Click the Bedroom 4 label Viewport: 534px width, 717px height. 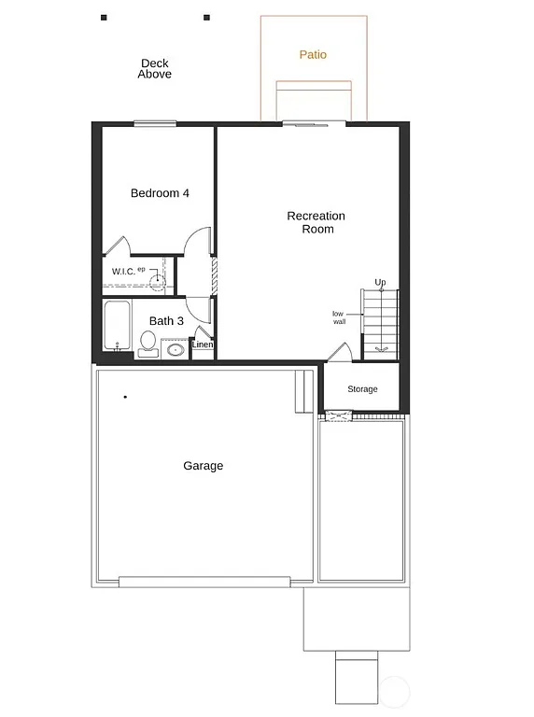160,193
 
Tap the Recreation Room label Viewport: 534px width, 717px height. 316,222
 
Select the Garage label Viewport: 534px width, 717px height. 203,466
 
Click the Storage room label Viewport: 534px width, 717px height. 362,389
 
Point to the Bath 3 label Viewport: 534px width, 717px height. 166,321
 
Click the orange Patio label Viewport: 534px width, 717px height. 313,55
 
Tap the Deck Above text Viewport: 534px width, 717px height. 155,69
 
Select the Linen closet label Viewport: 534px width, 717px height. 203,345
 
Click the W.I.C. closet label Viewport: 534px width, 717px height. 124,272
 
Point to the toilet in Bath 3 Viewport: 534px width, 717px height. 148,345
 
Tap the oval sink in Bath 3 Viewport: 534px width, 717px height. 175,351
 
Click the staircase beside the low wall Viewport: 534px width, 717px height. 380,322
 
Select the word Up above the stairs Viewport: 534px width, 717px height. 380,282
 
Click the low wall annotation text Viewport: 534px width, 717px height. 339,317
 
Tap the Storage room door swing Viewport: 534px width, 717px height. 340,352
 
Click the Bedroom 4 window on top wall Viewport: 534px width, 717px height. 154,122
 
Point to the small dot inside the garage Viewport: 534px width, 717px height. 125,397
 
